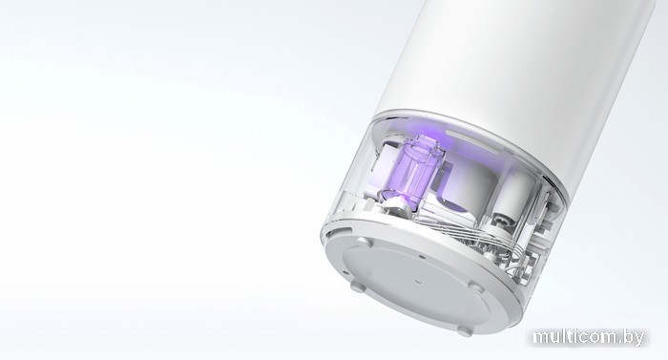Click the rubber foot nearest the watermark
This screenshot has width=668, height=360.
[x=474, y=286]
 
